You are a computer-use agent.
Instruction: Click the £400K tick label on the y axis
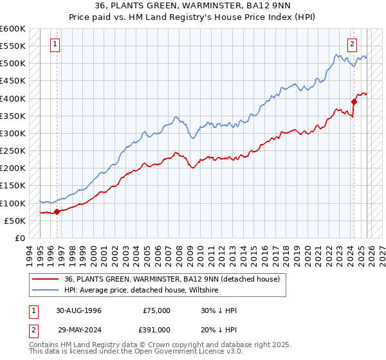[x=12, y=98]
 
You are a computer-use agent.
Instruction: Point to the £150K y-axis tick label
[x=12, y=186]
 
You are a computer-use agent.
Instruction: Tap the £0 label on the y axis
[x=19, y=239]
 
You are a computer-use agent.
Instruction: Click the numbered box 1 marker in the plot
[x=56, y=44]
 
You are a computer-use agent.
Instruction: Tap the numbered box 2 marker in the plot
[x=353, y=44]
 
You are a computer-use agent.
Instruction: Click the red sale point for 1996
[x=57, y=212]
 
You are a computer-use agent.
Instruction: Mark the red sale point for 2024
[x=354, y=101]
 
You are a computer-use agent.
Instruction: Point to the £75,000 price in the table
[x=155, y=310]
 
